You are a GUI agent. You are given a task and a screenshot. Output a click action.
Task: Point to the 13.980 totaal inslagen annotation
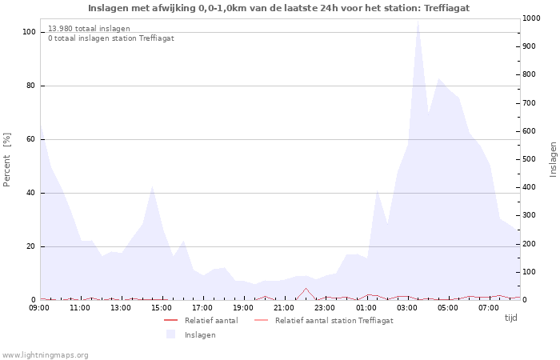tap(89, 28)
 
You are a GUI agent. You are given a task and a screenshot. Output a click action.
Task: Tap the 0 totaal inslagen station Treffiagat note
tap(110, 38)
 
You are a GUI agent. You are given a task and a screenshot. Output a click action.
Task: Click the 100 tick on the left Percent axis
tap(29, 32)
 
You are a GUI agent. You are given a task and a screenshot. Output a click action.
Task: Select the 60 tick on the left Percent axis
tap(30, 139)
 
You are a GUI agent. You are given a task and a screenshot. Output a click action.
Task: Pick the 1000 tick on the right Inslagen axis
tap(530, 18)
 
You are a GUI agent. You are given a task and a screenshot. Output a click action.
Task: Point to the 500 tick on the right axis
tap(528, 159)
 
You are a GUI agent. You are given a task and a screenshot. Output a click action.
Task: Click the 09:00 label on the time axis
tap(39, 308)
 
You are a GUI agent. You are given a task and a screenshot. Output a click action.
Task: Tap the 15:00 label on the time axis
tap(162, 308)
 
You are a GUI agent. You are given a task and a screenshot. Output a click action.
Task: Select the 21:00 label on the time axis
tap(284, 308)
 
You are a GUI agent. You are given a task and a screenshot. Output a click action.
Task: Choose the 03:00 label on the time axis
tap(407, 308)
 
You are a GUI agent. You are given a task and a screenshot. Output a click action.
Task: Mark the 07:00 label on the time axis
tap(489, 308)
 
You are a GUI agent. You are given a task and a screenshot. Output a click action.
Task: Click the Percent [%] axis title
tap(7, 159)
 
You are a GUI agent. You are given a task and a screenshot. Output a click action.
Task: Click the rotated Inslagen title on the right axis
tap(552, 159)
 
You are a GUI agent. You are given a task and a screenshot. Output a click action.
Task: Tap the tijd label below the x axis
tap(510, 318)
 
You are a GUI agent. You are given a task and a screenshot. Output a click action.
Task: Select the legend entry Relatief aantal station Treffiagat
tap(334, 321)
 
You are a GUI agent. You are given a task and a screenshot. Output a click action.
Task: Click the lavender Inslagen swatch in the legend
tap(170, 334)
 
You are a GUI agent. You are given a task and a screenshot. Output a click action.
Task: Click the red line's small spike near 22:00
tap(305, 289)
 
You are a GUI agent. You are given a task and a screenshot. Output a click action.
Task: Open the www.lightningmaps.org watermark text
tap(46, 354)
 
